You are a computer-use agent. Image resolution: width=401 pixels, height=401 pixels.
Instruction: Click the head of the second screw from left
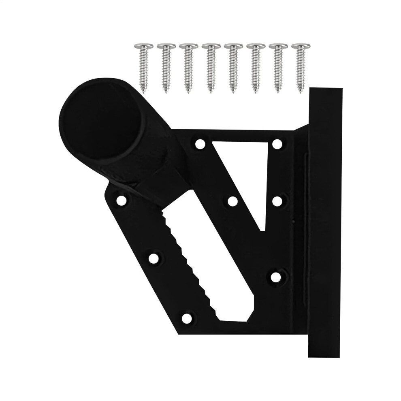[166, 46]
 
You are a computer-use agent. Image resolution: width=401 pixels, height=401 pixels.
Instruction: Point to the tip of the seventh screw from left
[278, 92]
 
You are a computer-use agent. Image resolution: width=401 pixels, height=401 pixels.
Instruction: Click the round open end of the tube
[101, 122]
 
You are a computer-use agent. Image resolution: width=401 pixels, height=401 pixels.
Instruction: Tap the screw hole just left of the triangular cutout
[200, 144]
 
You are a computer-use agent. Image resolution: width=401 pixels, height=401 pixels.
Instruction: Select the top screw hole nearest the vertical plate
[277, 144]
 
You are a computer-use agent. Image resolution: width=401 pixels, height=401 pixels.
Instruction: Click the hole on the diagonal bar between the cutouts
[232, 201]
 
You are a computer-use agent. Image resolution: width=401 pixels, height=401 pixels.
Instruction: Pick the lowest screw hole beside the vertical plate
[276, 277]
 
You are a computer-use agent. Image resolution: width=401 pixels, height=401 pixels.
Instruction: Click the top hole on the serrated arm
[121, 200]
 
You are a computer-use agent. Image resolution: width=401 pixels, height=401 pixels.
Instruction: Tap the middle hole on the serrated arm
[154, 258]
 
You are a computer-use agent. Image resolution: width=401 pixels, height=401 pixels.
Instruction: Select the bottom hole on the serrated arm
[187, 318]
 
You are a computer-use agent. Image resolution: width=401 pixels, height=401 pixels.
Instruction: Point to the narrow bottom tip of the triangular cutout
[262, 227]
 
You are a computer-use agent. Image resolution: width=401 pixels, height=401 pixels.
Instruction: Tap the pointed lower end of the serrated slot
[235, 318]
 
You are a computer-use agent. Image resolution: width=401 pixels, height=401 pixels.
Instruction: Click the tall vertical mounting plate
[325, 223]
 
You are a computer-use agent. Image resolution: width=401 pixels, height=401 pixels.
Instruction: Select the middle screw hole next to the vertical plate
[277, 201]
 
